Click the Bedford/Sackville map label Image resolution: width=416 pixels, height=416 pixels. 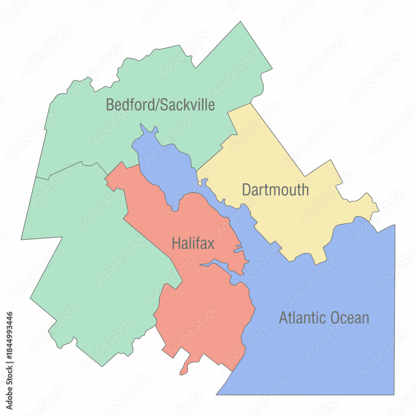[x=160, y=104]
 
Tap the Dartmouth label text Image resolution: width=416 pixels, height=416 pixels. [x=275, y=190]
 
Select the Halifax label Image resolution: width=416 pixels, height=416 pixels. [x=193, y=243]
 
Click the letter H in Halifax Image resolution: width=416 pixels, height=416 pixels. [x=176, y=243]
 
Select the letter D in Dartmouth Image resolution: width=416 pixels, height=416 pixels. [x=247, y=190]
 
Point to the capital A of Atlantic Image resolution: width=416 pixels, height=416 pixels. [x=283, y=318]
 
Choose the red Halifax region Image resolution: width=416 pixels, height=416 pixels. [x=204, y=316]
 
